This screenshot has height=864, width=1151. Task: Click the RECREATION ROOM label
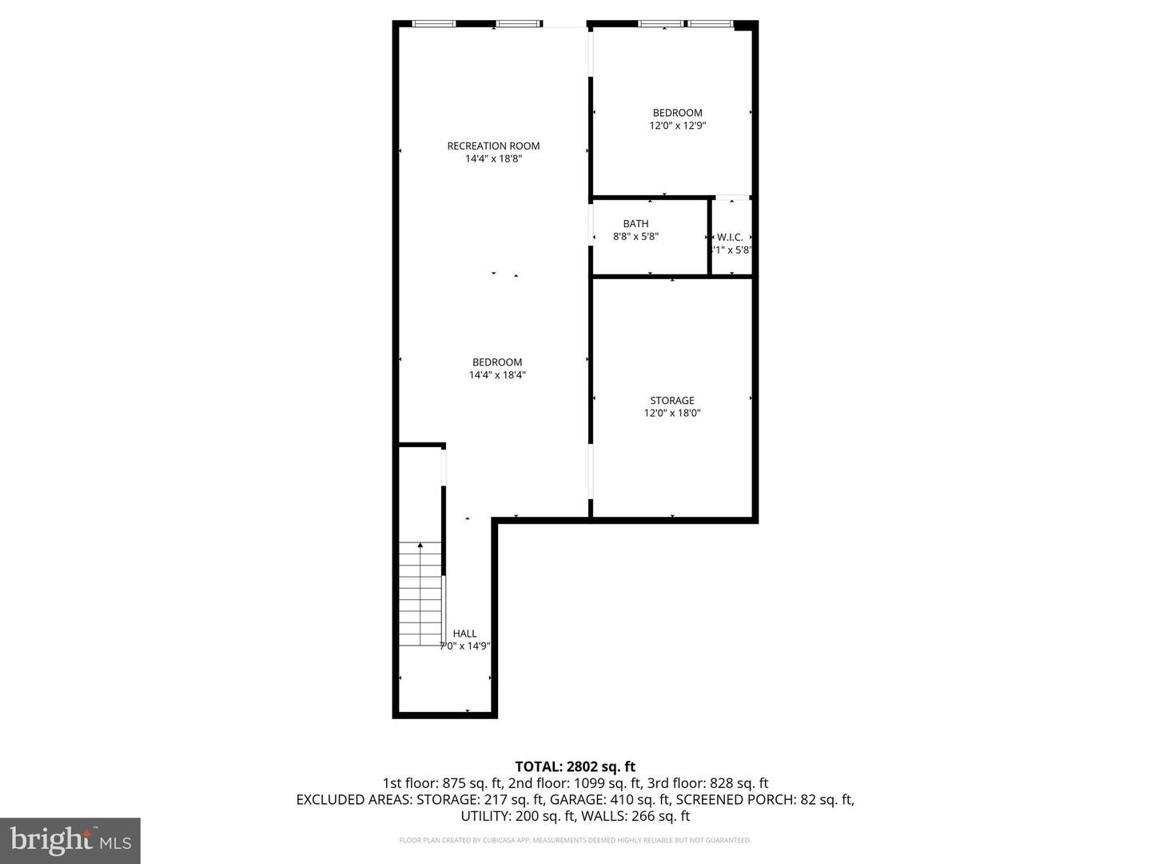click(493, 146)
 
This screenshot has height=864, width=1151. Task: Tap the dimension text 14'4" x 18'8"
click(493, 158)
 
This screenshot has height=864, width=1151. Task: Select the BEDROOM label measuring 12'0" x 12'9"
click(677, 113)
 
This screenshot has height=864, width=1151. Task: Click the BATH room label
click(635, 224)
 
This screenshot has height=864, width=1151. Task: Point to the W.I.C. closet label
click(730, 238)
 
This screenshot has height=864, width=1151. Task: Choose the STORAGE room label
click(671, 400)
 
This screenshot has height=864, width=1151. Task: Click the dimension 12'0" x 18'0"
click(671, 413)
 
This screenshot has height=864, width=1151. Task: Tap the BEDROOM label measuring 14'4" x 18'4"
click(496, 362)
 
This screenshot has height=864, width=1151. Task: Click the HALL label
click(464, 634)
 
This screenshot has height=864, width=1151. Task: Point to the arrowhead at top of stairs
click(420, 546)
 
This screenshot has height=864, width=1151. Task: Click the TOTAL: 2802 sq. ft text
click(575, 766)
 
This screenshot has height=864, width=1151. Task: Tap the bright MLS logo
click(70, 840)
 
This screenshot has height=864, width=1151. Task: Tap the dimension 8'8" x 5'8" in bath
click(635, 237)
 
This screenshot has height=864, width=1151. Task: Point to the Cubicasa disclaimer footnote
click(575, 840)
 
